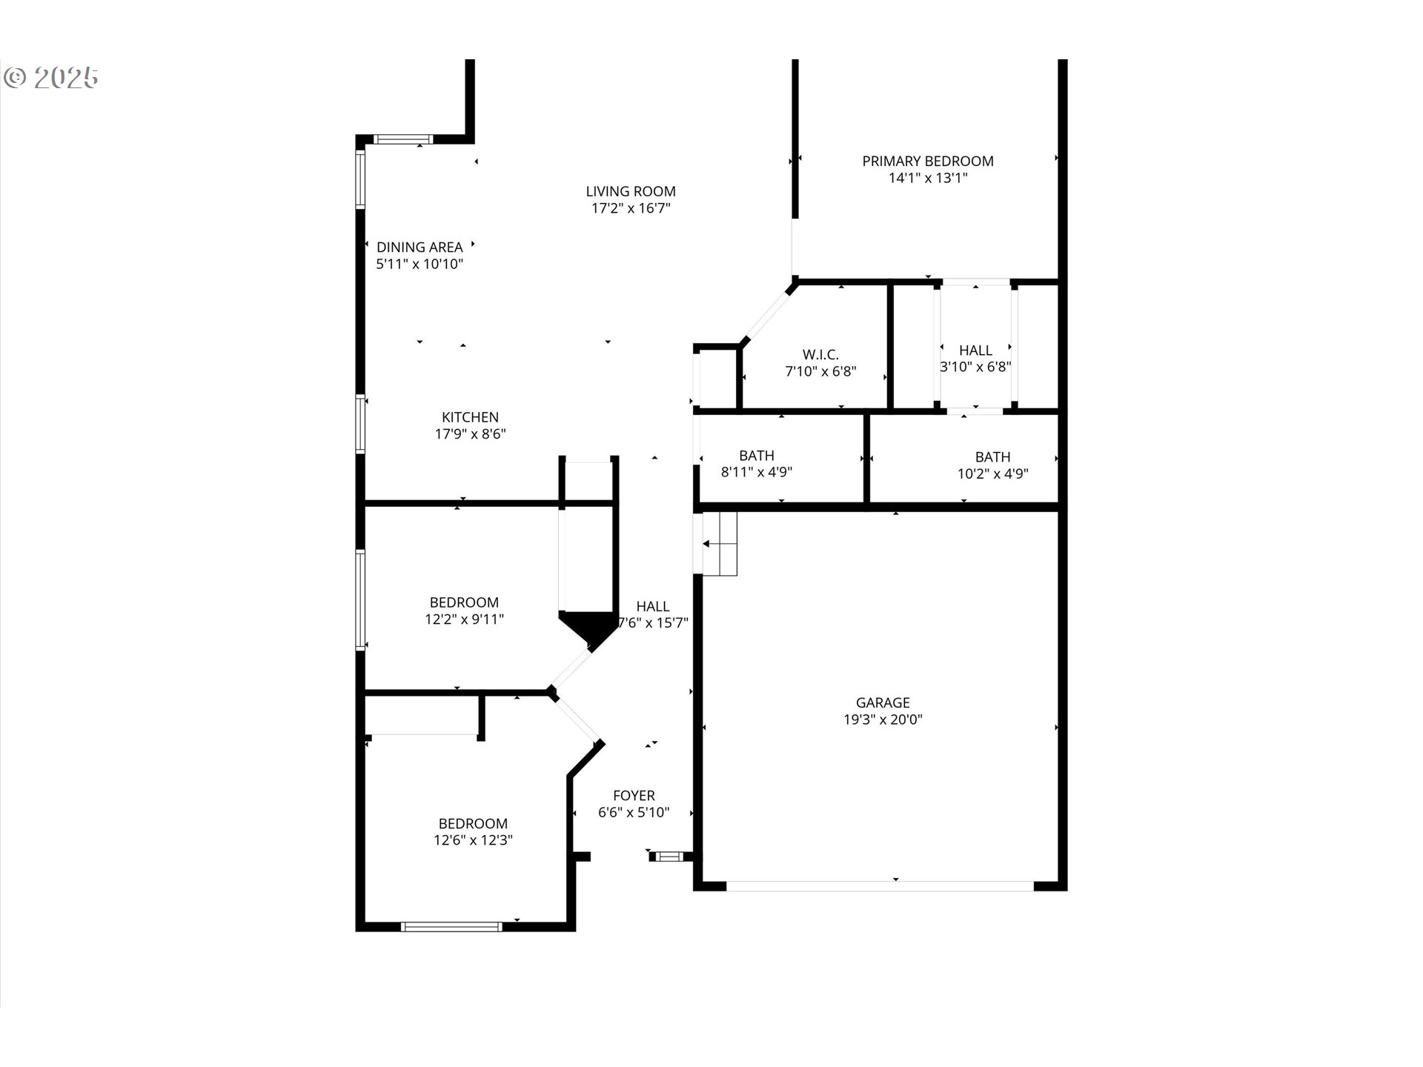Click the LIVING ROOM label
631,191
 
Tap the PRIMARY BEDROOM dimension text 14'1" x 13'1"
928,178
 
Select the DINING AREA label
419,247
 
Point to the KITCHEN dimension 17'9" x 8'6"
470,434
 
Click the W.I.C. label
820,355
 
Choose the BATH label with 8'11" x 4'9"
757,456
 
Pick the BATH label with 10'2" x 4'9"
992,457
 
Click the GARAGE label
883,702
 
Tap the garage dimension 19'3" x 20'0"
883,719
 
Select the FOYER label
634,796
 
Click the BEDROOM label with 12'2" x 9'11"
464,602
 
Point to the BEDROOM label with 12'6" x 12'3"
473,823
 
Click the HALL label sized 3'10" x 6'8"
975,350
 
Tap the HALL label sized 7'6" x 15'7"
652,607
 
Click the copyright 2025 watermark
51,78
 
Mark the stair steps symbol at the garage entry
720,543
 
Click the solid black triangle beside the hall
588,628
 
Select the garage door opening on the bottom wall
880,885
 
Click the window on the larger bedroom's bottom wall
451,926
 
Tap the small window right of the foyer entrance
669,857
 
